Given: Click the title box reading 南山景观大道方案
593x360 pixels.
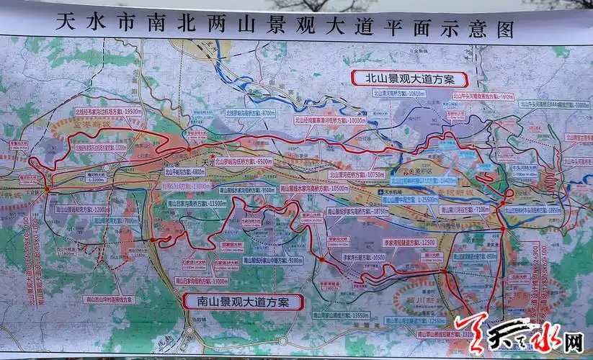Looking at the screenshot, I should (241, 301).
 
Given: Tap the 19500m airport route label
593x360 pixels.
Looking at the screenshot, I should (107, 112).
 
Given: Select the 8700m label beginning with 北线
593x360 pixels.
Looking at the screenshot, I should (249, 113).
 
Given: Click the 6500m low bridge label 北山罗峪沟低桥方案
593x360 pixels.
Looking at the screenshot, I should (243, 162).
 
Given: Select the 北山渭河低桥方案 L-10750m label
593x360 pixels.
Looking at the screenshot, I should (358, 174).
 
